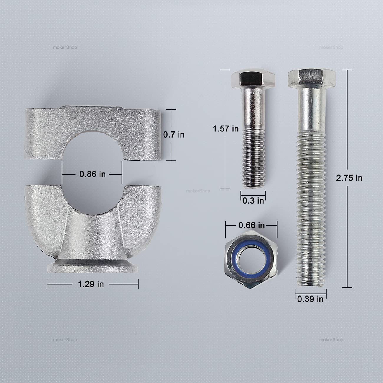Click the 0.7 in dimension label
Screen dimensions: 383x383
174,135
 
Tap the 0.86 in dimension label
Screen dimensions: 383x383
93,174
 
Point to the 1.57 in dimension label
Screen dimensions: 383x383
226,128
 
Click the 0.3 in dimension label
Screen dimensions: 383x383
253,201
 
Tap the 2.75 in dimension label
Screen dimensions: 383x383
349,178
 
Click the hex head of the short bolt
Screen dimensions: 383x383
253,79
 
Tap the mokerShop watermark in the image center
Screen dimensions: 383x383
198,191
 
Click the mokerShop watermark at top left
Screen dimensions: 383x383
65,47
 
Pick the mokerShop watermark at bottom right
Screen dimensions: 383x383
331,340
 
